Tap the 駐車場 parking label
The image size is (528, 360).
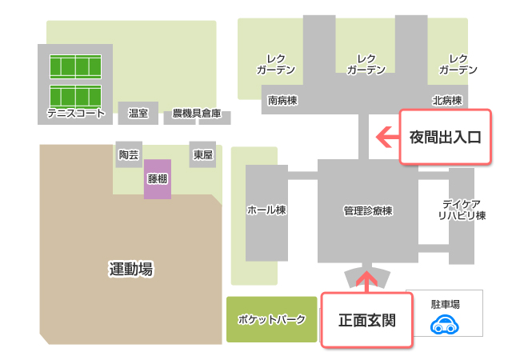pos(444,305)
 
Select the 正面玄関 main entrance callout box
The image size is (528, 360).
pos(367,320)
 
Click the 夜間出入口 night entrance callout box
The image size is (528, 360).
pos(444,137)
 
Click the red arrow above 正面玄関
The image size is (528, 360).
pos(367,280)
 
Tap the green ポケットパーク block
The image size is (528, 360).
pos(271,320)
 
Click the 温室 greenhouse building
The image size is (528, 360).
pos(138,114)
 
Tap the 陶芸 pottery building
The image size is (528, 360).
pos(128,155)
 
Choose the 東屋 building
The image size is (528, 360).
pos(202,155)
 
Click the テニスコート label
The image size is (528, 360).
pos(76,114)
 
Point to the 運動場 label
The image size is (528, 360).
pos(130,270)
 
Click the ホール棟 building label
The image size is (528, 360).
pos(266,210)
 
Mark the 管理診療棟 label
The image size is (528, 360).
pos(367,211)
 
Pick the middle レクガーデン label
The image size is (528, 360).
pos(367,64)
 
